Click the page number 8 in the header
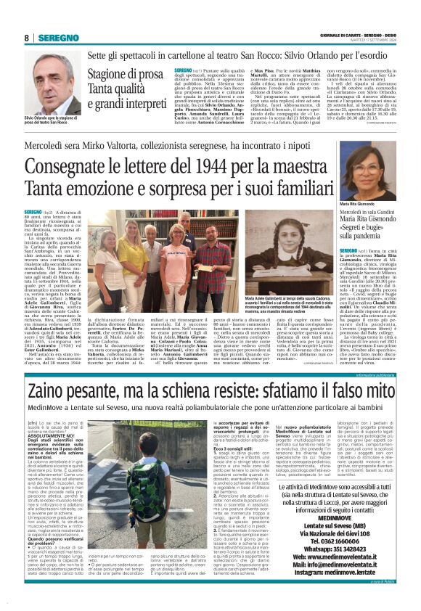click(x=26, y=38)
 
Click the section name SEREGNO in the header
click(x=57, y=38)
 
